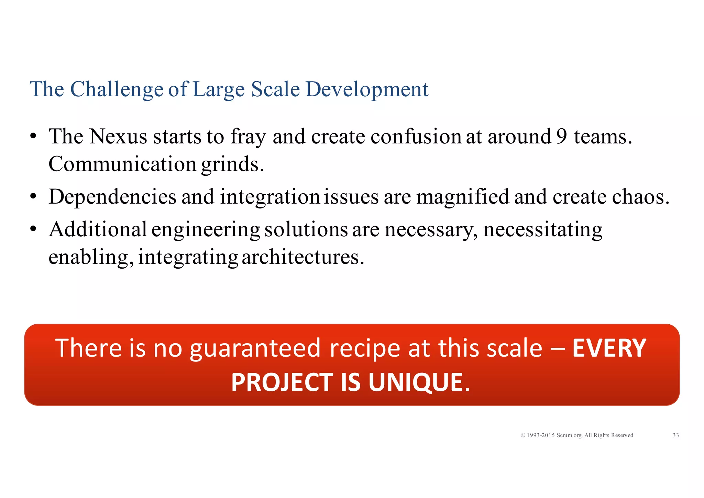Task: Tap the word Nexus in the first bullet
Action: point(118,137)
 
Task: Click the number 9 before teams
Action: point(561,137)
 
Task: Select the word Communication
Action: point(122,164)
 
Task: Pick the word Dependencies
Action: point(112,197)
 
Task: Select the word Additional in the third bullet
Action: point(98,229)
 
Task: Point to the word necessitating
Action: point(542,229)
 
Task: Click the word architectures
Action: point(302,257)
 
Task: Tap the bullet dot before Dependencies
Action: point(33,197)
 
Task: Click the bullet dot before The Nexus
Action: point(33,137)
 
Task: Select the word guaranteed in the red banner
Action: point(255,349)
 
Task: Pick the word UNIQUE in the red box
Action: point(416,382)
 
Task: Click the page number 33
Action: point(675,435)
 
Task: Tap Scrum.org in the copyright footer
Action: point(569,435)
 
